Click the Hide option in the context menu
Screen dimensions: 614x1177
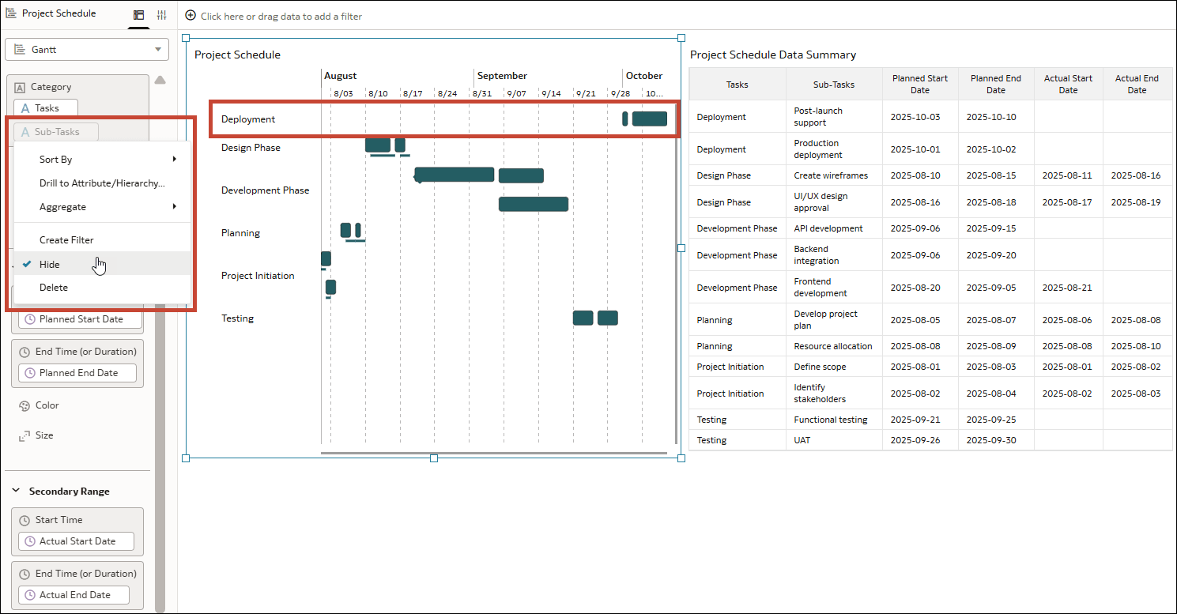pos(50,264)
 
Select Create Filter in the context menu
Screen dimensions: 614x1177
pos(66,239)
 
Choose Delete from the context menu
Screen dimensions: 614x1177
pos(54,288)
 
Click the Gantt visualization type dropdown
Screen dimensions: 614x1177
pos(87,49)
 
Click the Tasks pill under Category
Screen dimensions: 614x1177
pos(46,108)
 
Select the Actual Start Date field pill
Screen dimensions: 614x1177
pos(76,541)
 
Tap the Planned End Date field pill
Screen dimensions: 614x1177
pos(77,373)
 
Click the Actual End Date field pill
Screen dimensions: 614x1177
pos(74,595)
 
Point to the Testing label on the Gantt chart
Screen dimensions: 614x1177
pos(237,318)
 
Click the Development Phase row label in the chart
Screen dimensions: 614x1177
pos(265,190)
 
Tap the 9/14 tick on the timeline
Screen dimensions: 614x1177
pos(550,93)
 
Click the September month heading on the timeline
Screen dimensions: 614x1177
pos(502,76)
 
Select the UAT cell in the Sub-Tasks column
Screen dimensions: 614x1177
pos(802,440)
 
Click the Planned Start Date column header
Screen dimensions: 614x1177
pos(920,84)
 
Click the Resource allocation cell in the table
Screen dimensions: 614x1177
pos(833,346)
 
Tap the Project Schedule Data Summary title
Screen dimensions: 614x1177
pos(772,55)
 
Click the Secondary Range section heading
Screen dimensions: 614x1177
pos(69,492)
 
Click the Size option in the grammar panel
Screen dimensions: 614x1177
pos(44,435)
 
